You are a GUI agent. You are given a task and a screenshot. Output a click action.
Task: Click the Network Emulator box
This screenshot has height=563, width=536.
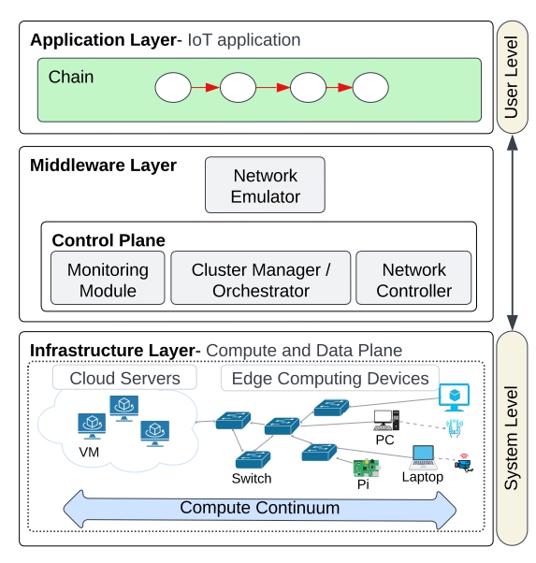[265, 184]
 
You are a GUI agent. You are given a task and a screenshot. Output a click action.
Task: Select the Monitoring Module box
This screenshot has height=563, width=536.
[108, 278]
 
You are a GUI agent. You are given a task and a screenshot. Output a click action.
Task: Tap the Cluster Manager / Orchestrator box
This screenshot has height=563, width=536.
[260, 278]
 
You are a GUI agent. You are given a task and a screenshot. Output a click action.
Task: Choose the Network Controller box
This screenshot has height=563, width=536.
[413, 278]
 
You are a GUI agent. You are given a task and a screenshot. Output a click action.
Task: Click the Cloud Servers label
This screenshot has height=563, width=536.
[124, 378]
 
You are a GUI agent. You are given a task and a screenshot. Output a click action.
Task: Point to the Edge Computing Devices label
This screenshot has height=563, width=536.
[330, 378]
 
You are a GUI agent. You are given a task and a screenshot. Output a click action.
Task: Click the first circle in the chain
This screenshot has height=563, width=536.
[173, 88]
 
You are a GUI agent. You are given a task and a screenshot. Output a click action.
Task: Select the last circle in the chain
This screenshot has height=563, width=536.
[370, 88]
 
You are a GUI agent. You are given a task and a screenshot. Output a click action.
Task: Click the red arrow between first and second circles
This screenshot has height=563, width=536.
[205, 88]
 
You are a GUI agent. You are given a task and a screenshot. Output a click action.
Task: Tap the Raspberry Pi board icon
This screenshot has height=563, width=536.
[366, 469]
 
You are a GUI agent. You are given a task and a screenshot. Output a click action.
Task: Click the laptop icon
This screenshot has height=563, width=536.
[423, 457]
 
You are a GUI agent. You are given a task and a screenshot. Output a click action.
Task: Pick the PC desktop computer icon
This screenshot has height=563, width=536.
[386, 420]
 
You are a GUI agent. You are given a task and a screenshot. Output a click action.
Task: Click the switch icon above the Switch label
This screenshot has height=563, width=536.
[253, 460]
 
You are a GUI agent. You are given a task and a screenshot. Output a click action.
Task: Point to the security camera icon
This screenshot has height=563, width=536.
[464, 463]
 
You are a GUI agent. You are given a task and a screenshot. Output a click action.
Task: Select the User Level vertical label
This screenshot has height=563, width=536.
[512, 78]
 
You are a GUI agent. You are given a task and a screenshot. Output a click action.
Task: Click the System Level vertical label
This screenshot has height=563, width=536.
[512, 438]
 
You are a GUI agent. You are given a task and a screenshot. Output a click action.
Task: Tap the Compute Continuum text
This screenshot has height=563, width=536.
[260, 508]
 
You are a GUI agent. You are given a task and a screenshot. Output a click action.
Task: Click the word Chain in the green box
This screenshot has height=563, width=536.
[71, 77]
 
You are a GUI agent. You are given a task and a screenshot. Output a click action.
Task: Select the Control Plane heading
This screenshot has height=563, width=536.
[109, 240]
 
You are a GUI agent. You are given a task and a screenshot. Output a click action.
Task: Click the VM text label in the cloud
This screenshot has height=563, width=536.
[89, 452]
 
